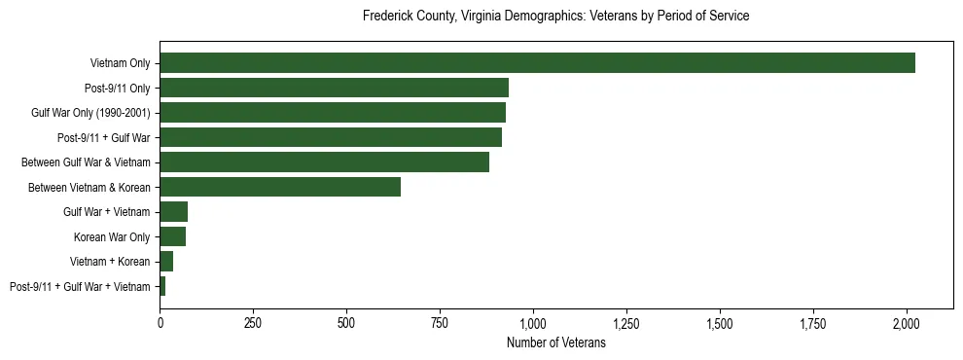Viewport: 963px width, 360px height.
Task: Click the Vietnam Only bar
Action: point(537,63)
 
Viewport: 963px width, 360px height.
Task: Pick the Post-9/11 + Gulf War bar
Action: point(331,137)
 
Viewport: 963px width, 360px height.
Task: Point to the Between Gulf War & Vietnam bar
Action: point(324,162)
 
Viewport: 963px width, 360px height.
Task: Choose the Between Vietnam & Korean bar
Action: point(280,187)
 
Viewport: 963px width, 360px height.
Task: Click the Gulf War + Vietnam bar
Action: point(173,212)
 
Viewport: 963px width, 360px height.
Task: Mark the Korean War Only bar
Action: point(172,236)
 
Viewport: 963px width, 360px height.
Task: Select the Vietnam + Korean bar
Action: point(166,262)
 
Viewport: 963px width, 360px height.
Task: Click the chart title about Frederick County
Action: point(555,17)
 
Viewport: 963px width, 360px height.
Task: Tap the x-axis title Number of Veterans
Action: point(555,342)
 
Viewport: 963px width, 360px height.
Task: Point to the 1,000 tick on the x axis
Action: point(533,322)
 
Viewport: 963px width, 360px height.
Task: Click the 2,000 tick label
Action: point(907,322)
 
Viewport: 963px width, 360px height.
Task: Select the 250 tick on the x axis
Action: point(253,322)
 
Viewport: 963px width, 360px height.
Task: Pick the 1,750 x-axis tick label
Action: point(813,322)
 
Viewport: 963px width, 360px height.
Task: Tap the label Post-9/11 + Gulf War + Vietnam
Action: point(80,287)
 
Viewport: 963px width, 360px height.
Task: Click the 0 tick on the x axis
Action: point(160,322)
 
